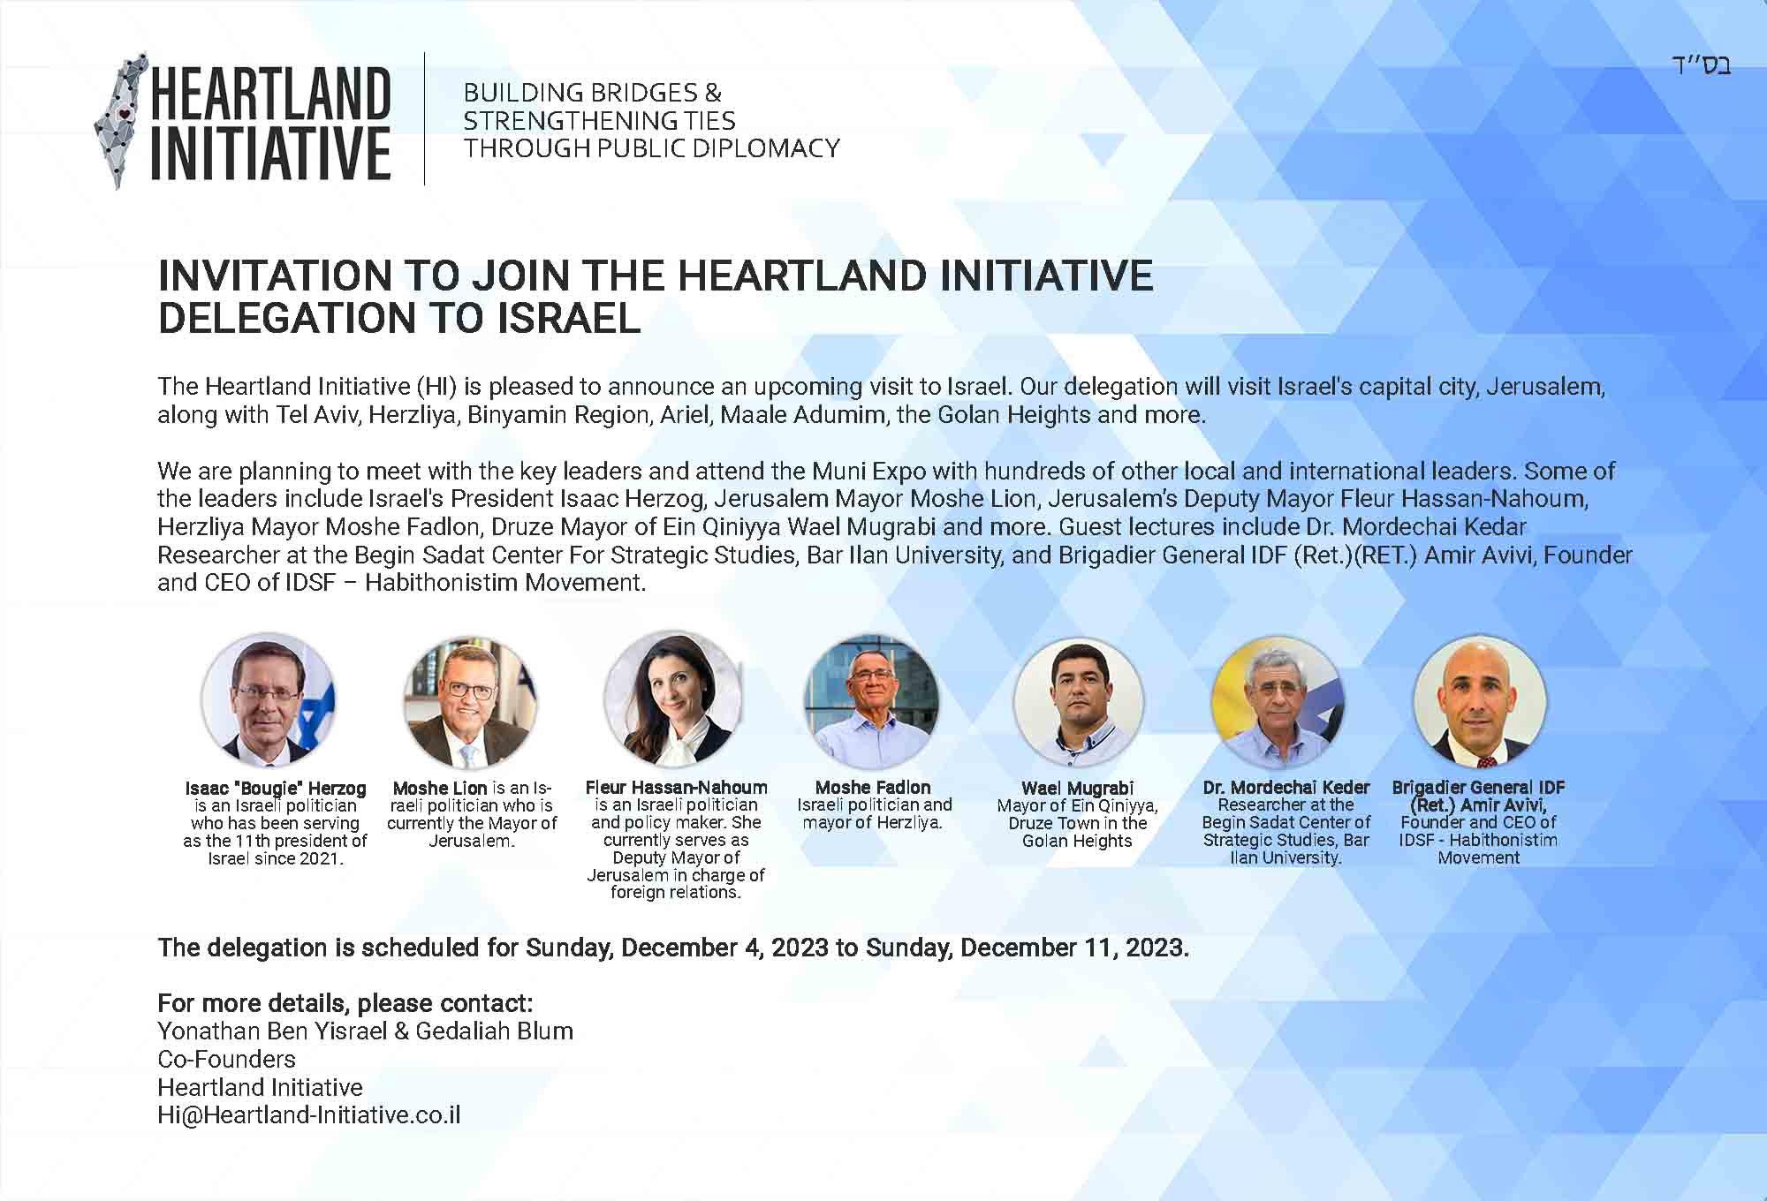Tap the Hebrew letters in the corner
pyautogui.click(x=1700, y=65)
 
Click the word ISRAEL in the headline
pyautogui.click(x=569, y=318)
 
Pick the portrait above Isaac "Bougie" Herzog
pyautogui.click(x=269, y=699)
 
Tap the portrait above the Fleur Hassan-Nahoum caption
pyautogui.click(x=673, y=698)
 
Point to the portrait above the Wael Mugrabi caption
pyautogui.click(x=1078, y=702)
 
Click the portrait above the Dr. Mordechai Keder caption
pyautogui.click(x=1278, y=702)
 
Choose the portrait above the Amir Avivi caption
pyautogui.click(x=1480, y=701)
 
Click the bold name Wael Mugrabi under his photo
pyautogui.click(x=1078, y=788)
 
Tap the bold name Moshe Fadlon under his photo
pyautogui.click(x=873, y=787)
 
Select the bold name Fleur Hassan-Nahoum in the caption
pyautogui.click(x=677, y=787)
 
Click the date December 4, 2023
pyautogui.click(x=725, y=948)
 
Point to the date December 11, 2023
pyautogui.click(x=1074, y=948)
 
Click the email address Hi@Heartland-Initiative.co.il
pyautogui.click(x=309, y=1115)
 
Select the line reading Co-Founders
pyautogui.click(x=227, y=1059)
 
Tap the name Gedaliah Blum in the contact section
pyautogui.click(x=495, y=1031)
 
